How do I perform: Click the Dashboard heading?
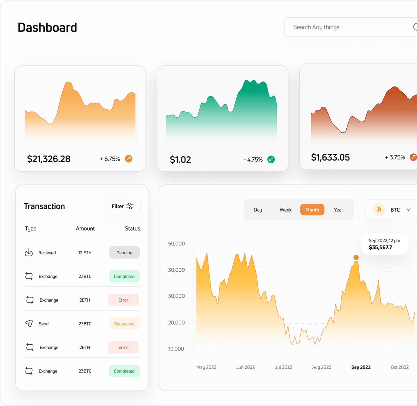tap(47, 27)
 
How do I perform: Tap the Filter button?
tap(122, 206)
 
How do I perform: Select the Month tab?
tap(312, 210)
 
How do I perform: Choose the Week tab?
tap(285, 210)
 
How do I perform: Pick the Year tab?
tap(338, 210)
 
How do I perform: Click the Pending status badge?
tap(124, 253)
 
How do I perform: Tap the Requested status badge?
tap(124, 324)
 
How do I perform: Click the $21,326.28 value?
tap(49, 159)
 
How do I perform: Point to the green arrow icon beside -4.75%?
tap(271, 159)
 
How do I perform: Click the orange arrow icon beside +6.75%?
tap(129, 159)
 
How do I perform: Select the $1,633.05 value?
tap(331, 157)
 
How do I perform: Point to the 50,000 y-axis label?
tap(176, 244)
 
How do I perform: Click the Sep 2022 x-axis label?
tap(361, 367)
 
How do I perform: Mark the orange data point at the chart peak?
tap(356, 257)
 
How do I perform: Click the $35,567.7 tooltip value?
tap(380, 247)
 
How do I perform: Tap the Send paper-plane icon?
tap(29, 323)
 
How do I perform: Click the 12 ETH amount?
tap(85, 253)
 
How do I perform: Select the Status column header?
tap(132, 228)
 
